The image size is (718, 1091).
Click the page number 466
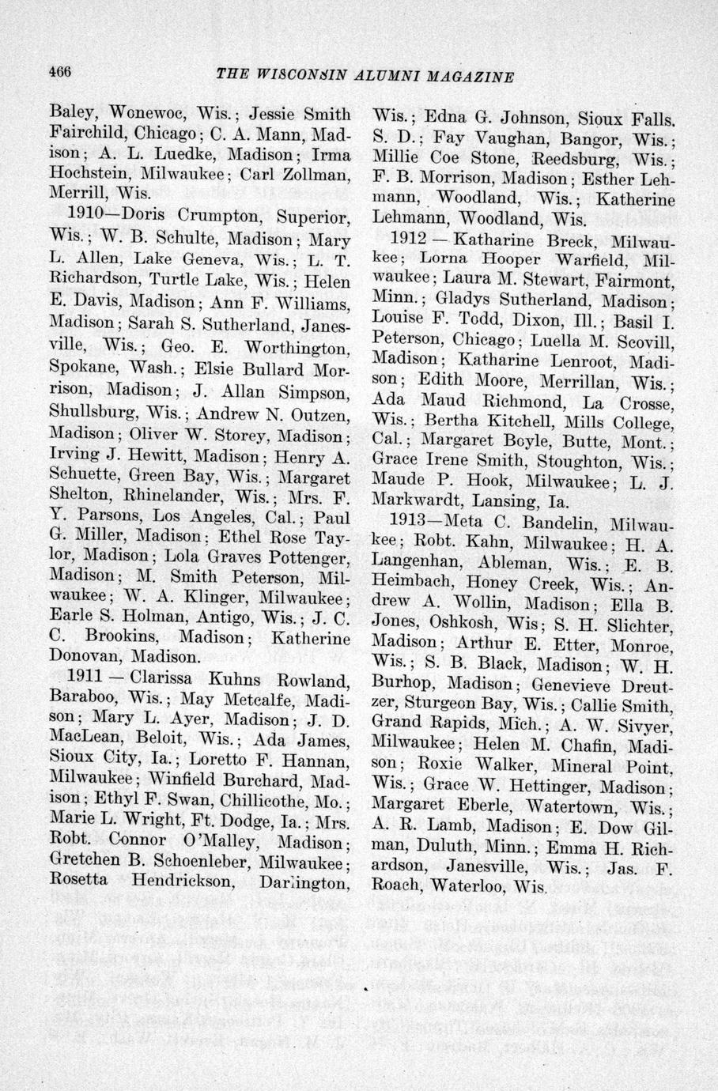60,70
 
